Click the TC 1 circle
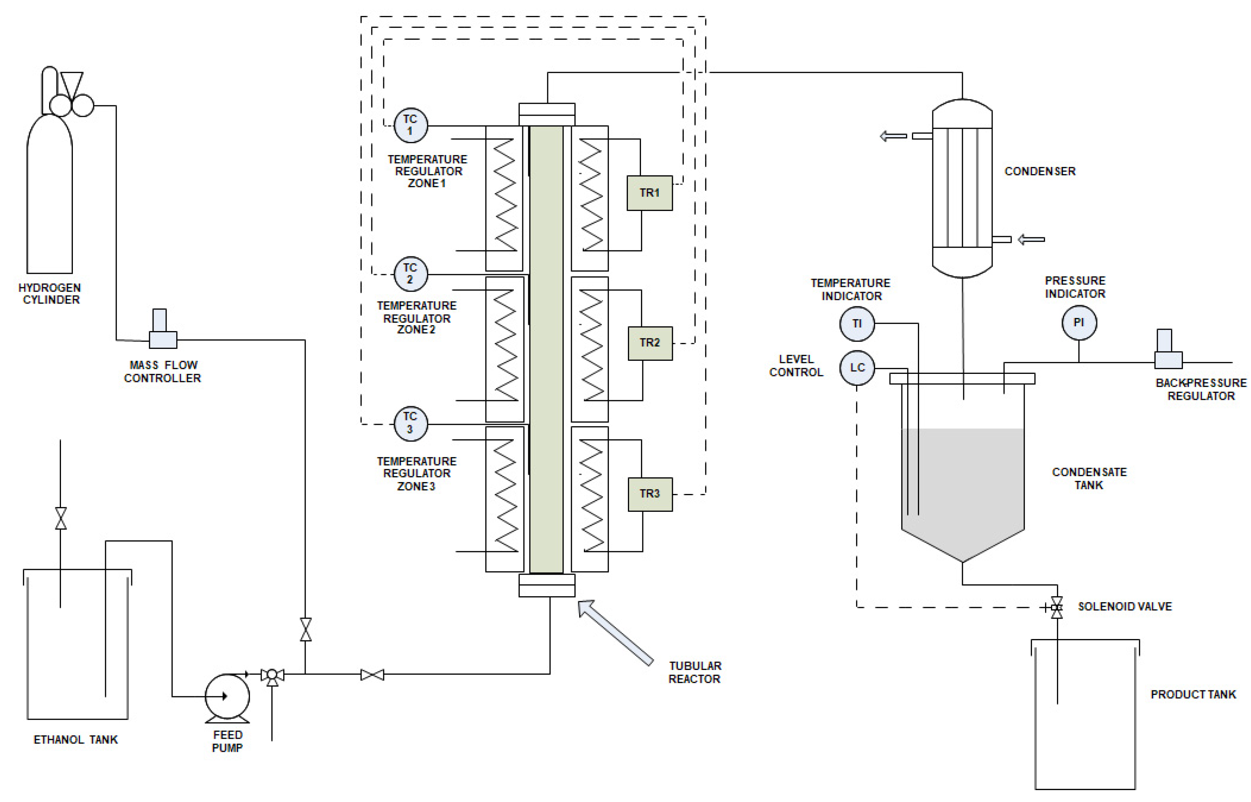click(410, 125)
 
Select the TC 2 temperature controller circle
click(410, 274)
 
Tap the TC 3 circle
click(410, 423)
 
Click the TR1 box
click(649, 193)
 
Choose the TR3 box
click(650, 494)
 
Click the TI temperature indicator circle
click(857, 323)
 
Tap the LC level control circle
click(857, 368)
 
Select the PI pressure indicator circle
click(1079, 323)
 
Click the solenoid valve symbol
click(1056, 607)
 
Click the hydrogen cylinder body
click(49, 198)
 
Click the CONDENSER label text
click(1039, 171)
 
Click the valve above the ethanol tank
click(61, 518)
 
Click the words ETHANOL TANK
click(75, 740)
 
